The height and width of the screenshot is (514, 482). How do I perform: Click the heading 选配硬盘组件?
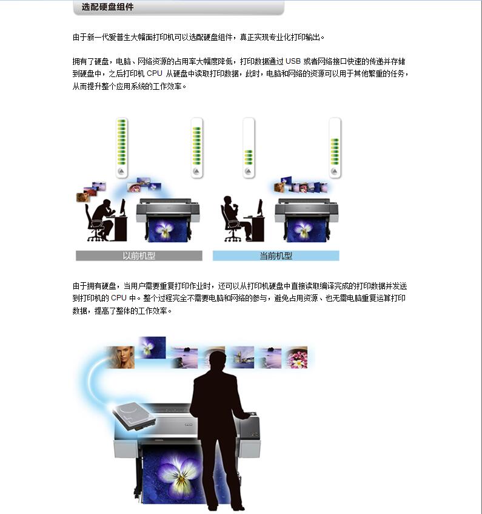pyautogui.click(x=107, y=7)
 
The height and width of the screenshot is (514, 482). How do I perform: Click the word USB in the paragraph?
pyautogui.click(x=293, y=61)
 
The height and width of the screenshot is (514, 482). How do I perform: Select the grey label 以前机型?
pyautogui.click(x=139, y=256)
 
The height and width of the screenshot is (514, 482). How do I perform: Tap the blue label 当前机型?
pyautogui.click(x=276, y=256)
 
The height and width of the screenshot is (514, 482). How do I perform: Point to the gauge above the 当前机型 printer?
pyautogui.click(x=335, y=148)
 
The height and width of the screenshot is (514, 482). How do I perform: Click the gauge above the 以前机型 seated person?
pyautogui.click(x=121, y=148)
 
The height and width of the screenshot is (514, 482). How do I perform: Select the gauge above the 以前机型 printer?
pyautogui.click(x=196, y=148)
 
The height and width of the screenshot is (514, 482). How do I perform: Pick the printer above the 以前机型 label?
pyautogui.click(x=168, y=218)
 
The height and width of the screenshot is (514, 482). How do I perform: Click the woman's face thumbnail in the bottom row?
pyautogui.click(x=120, y=357)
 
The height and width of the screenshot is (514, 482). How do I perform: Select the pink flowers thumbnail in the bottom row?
pyautogui.click(x=297, y=357)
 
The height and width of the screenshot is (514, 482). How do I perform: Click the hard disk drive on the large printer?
pyautogui.click(x=133, y=416)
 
